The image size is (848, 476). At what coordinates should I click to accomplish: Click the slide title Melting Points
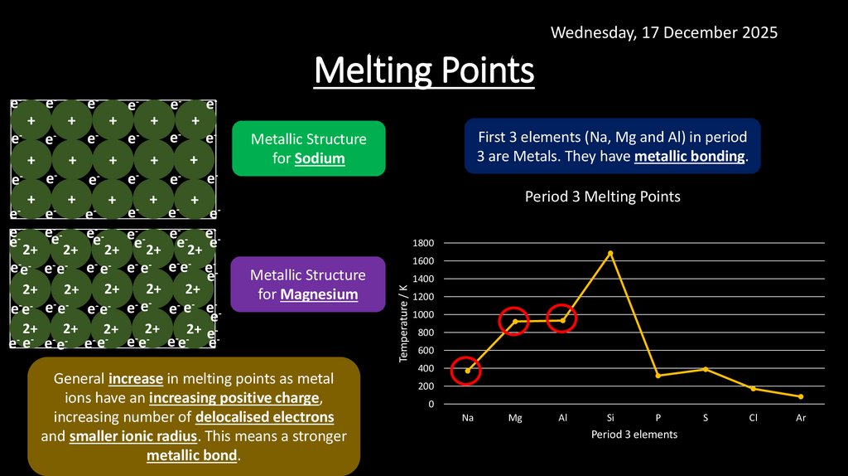pos(424,71)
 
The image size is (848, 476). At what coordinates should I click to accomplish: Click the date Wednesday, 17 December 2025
pos(664,32)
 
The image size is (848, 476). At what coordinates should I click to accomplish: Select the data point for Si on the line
pos(610,253)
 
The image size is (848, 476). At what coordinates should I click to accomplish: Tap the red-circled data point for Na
pos(467,371)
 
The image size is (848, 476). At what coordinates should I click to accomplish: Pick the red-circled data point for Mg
pos(514,322)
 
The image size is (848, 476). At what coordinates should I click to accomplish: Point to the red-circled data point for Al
pos(562,320)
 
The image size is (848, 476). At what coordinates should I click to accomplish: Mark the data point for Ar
pos(801,396)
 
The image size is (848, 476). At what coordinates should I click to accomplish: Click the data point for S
pos(706,369)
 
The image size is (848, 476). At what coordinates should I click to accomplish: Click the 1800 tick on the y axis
pos(423,243)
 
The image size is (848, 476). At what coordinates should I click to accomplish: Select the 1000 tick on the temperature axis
pos(423,315)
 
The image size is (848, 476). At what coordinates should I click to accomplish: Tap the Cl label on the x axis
pos(753,418)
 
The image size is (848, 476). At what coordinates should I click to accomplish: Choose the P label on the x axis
pos(658,418)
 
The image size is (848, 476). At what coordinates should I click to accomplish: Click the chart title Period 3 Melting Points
pos(602,197)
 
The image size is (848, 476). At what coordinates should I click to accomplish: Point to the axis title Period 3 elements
pos(634,435)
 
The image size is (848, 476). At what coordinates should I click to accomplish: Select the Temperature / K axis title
pos(403,323)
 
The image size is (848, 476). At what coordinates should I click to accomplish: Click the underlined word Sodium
pos(320,158)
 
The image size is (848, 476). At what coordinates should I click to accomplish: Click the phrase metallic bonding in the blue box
pos(689,156)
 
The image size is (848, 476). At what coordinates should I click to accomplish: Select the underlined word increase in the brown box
pos(137,379)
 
